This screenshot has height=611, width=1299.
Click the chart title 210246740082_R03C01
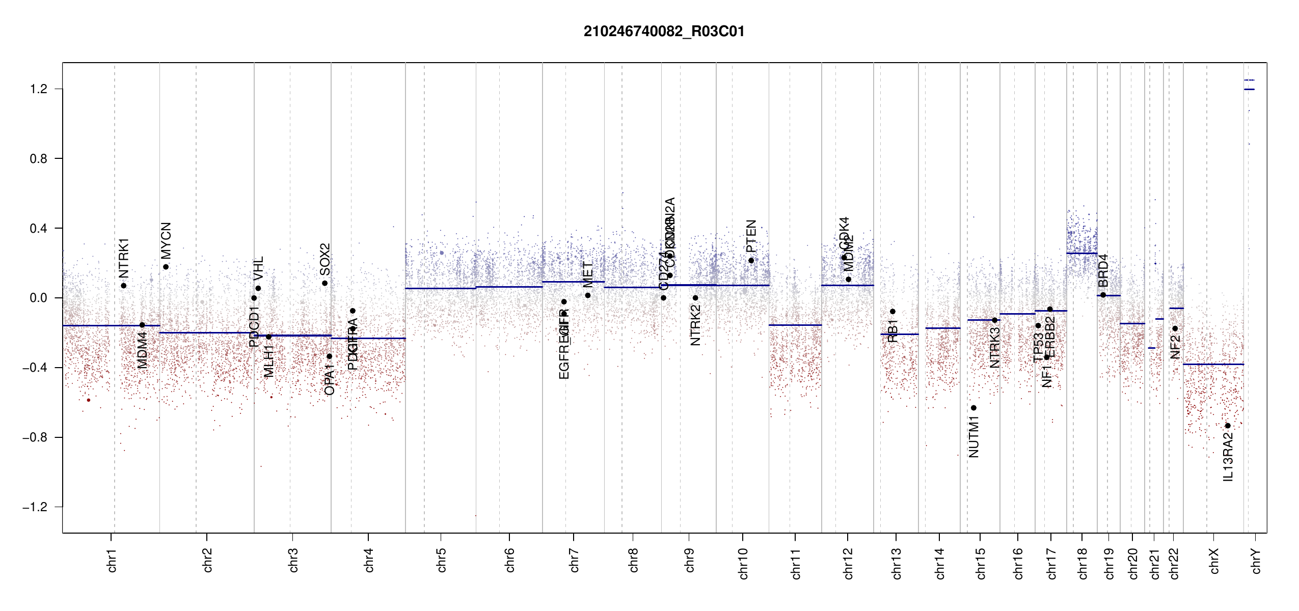[664, 32]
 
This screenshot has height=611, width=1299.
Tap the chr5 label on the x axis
[441, 560]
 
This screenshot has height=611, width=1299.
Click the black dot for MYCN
[166, 267]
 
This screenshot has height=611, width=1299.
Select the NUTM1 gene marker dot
[973, 408]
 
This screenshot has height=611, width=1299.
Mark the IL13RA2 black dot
[1228, 426]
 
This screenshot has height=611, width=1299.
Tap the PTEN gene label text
[751, 236]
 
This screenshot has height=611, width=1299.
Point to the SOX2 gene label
[324, 259]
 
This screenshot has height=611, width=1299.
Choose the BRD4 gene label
[1103, 270]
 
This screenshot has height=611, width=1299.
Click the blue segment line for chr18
[1082, 253]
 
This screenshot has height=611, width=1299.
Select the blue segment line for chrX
[1213, 364]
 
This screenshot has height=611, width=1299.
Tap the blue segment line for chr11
[795, 325]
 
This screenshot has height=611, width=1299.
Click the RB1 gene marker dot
[892, 312]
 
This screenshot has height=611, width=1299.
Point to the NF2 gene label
[1175, 346]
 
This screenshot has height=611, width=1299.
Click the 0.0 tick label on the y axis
[39, 298]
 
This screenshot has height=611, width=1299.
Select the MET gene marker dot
[588, 295]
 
